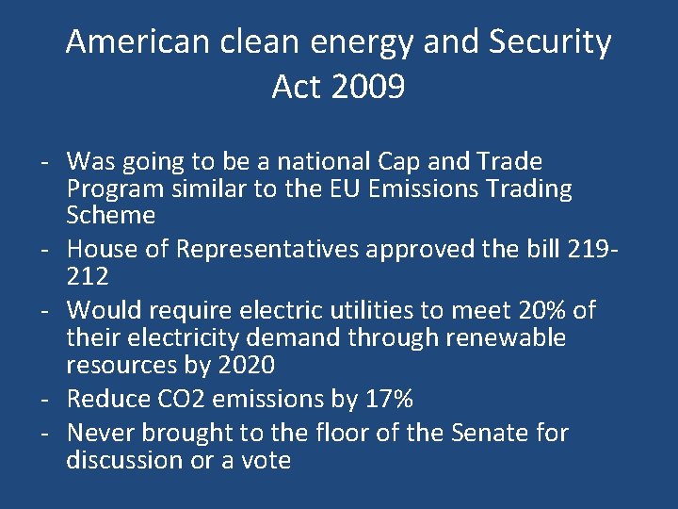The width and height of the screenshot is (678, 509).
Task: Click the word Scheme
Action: coord(111,215)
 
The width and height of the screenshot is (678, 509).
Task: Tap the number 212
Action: coord(89,276)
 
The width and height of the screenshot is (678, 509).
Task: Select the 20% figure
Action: coord(543,309)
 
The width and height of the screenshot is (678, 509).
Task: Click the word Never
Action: coord(102,433)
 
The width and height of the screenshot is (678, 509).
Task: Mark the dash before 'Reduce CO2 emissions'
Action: coord(45,399)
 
